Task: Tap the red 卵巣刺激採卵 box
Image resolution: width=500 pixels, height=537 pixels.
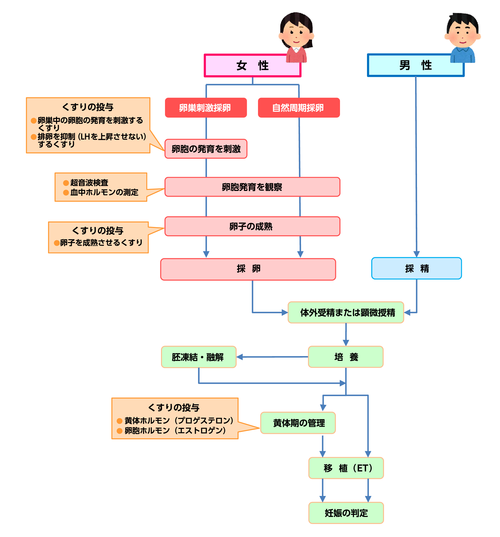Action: click(x=205, y=108)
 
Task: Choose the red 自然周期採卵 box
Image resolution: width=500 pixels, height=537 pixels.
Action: click(x=298, y=108)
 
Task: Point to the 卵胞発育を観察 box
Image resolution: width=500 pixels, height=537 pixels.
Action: click(x=252, y=187)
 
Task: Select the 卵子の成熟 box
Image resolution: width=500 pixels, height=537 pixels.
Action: click(x=252, y=226)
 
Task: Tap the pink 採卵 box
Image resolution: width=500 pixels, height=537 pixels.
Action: click(x=248, y=269)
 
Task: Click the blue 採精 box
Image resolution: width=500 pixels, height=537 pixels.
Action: click(x=416, y=268)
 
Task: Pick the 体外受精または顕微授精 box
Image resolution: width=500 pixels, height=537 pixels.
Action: click(x=345, y=312)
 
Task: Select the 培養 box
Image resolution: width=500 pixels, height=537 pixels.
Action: click(x=345, y=357)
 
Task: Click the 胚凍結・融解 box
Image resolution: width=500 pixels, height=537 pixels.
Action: click(x=198, y=357)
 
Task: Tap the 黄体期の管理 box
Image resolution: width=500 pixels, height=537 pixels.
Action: click(x=298, y=423)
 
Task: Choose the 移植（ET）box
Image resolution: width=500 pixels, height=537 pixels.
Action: click(x=346, y=468)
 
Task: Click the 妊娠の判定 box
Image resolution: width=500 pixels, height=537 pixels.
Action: click(x=346, y=513)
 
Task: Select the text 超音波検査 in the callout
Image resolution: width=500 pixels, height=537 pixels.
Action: click(x=89, y=183)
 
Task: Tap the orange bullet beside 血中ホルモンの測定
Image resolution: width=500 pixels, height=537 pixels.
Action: click(x=66, y=192)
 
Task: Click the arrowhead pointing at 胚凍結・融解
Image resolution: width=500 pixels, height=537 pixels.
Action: click(x=239, y=357)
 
